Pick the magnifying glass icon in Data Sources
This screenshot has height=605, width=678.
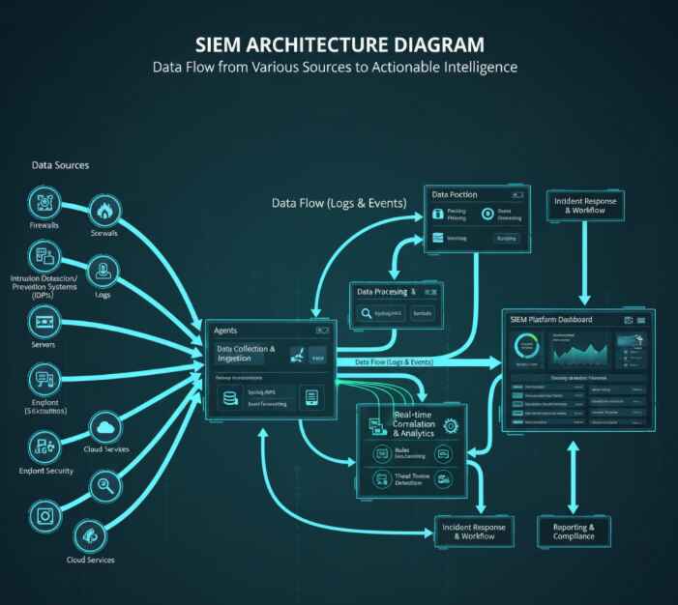tap(103, 483)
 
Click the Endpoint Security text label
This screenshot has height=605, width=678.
tap(45, 472)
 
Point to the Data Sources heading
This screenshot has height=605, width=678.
tap(60, 165)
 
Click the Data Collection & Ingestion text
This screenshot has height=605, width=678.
tap(247, 354)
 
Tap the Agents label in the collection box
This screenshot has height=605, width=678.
tap(225, 331)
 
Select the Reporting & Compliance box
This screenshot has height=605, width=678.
tap(574, 531)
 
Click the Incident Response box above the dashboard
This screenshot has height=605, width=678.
tap(584, 206)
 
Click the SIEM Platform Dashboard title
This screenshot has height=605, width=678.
tap(555, 320)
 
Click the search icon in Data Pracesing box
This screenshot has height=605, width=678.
tap(368, 313)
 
